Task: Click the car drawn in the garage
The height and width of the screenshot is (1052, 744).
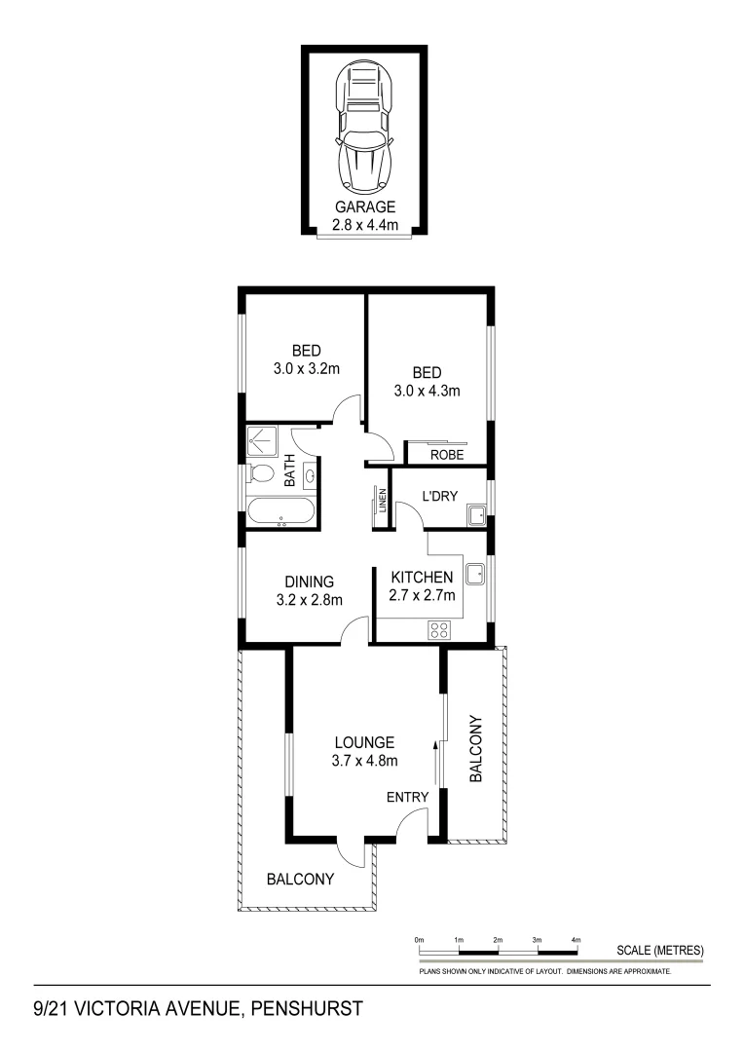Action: [x=364, y=126]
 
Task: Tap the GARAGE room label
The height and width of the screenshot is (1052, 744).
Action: [x=365, y=207]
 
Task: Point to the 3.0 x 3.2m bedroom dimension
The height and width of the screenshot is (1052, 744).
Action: [x=306, y=368]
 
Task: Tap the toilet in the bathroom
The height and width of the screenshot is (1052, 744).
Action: [x=261, y=474]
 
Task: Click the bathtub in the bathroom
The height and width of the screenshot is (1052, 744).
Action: [x=280, y=512]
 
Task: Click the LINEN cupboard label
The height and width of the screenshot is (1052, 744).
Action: [x=384, y=502]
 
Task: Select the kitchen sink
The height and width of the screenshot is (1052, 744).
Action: [x=475, y=574]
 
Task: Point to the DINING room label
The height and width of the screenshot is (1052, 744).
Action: [x=309, y=582]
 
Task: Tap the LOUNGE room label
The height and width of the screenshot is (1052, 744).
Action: [x=364, y=742]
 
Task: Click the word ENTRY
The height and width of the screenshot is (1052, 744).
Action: [x=407, y=797]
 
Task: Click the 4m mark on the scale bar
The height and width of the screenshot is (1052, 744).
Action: [x=577, y=939]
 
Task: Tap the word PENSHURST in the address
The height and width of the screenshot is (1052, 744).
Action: [x=307, y=1009]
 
